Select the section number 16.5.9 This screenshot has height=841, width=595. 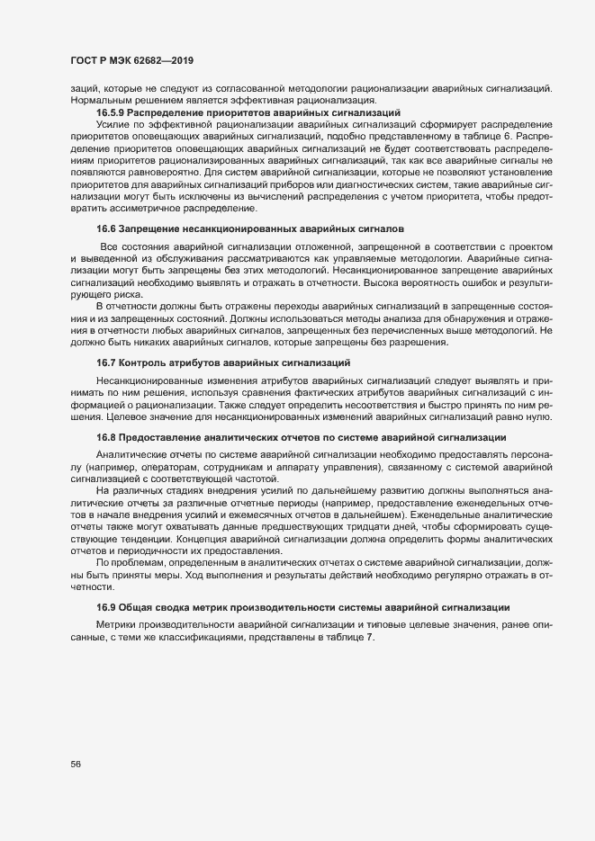coord(112,113)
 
